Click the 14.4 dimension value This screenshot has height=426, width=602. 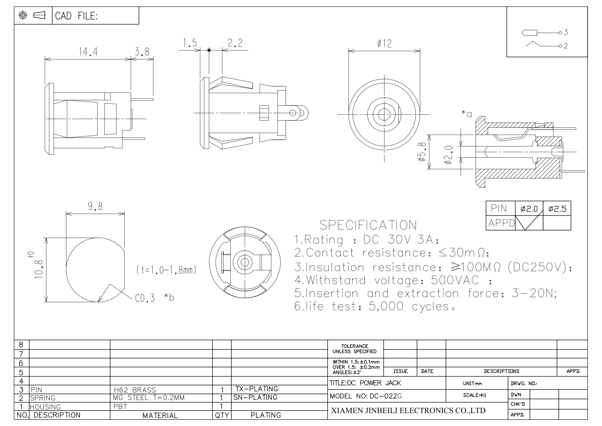[x=88, y=52]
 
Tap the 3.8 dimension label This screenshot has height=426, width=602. [x=142, y=52]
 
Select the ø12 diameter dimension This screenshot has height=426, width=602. [x=384, y=44]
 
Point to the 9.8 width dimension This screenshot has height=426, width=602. [x=95, y=206]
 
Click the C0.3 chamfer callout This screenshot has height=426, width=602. [x=145, y=298]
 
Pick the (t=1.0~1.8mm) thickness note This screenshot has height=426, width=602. [x=166, y=270]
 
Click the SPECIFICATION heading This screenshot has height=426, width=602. [x=368, y=225]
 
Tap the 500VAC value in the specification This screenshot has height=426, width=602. [x=455, y=280]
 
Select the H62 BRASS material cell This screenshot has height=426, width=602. [x=135, y=390]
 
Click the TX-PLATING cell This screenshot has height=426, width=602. [x=257, y=389]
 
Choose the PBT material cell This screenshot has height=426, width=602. [x=120, y=407]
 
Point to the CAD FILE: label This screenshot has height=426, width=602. [x=76, y=16]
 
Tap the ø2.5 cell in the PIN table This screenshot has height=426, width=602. [x=557, y=209]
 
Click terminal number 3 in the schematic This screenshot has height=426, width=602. [x=566, y=32]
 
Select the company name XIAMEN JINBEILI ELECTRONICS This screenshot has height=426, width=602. [x=408, y=411]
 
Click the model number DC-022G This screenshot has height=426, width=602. [x=386, y=396]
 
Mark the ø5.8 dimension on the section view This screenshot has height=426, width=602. [x=422, y=152]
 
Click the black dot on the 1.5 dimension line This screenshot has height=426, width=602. [x=209, y=50]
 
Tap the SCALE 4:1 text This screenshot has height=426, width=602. [x=474, y=395]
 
